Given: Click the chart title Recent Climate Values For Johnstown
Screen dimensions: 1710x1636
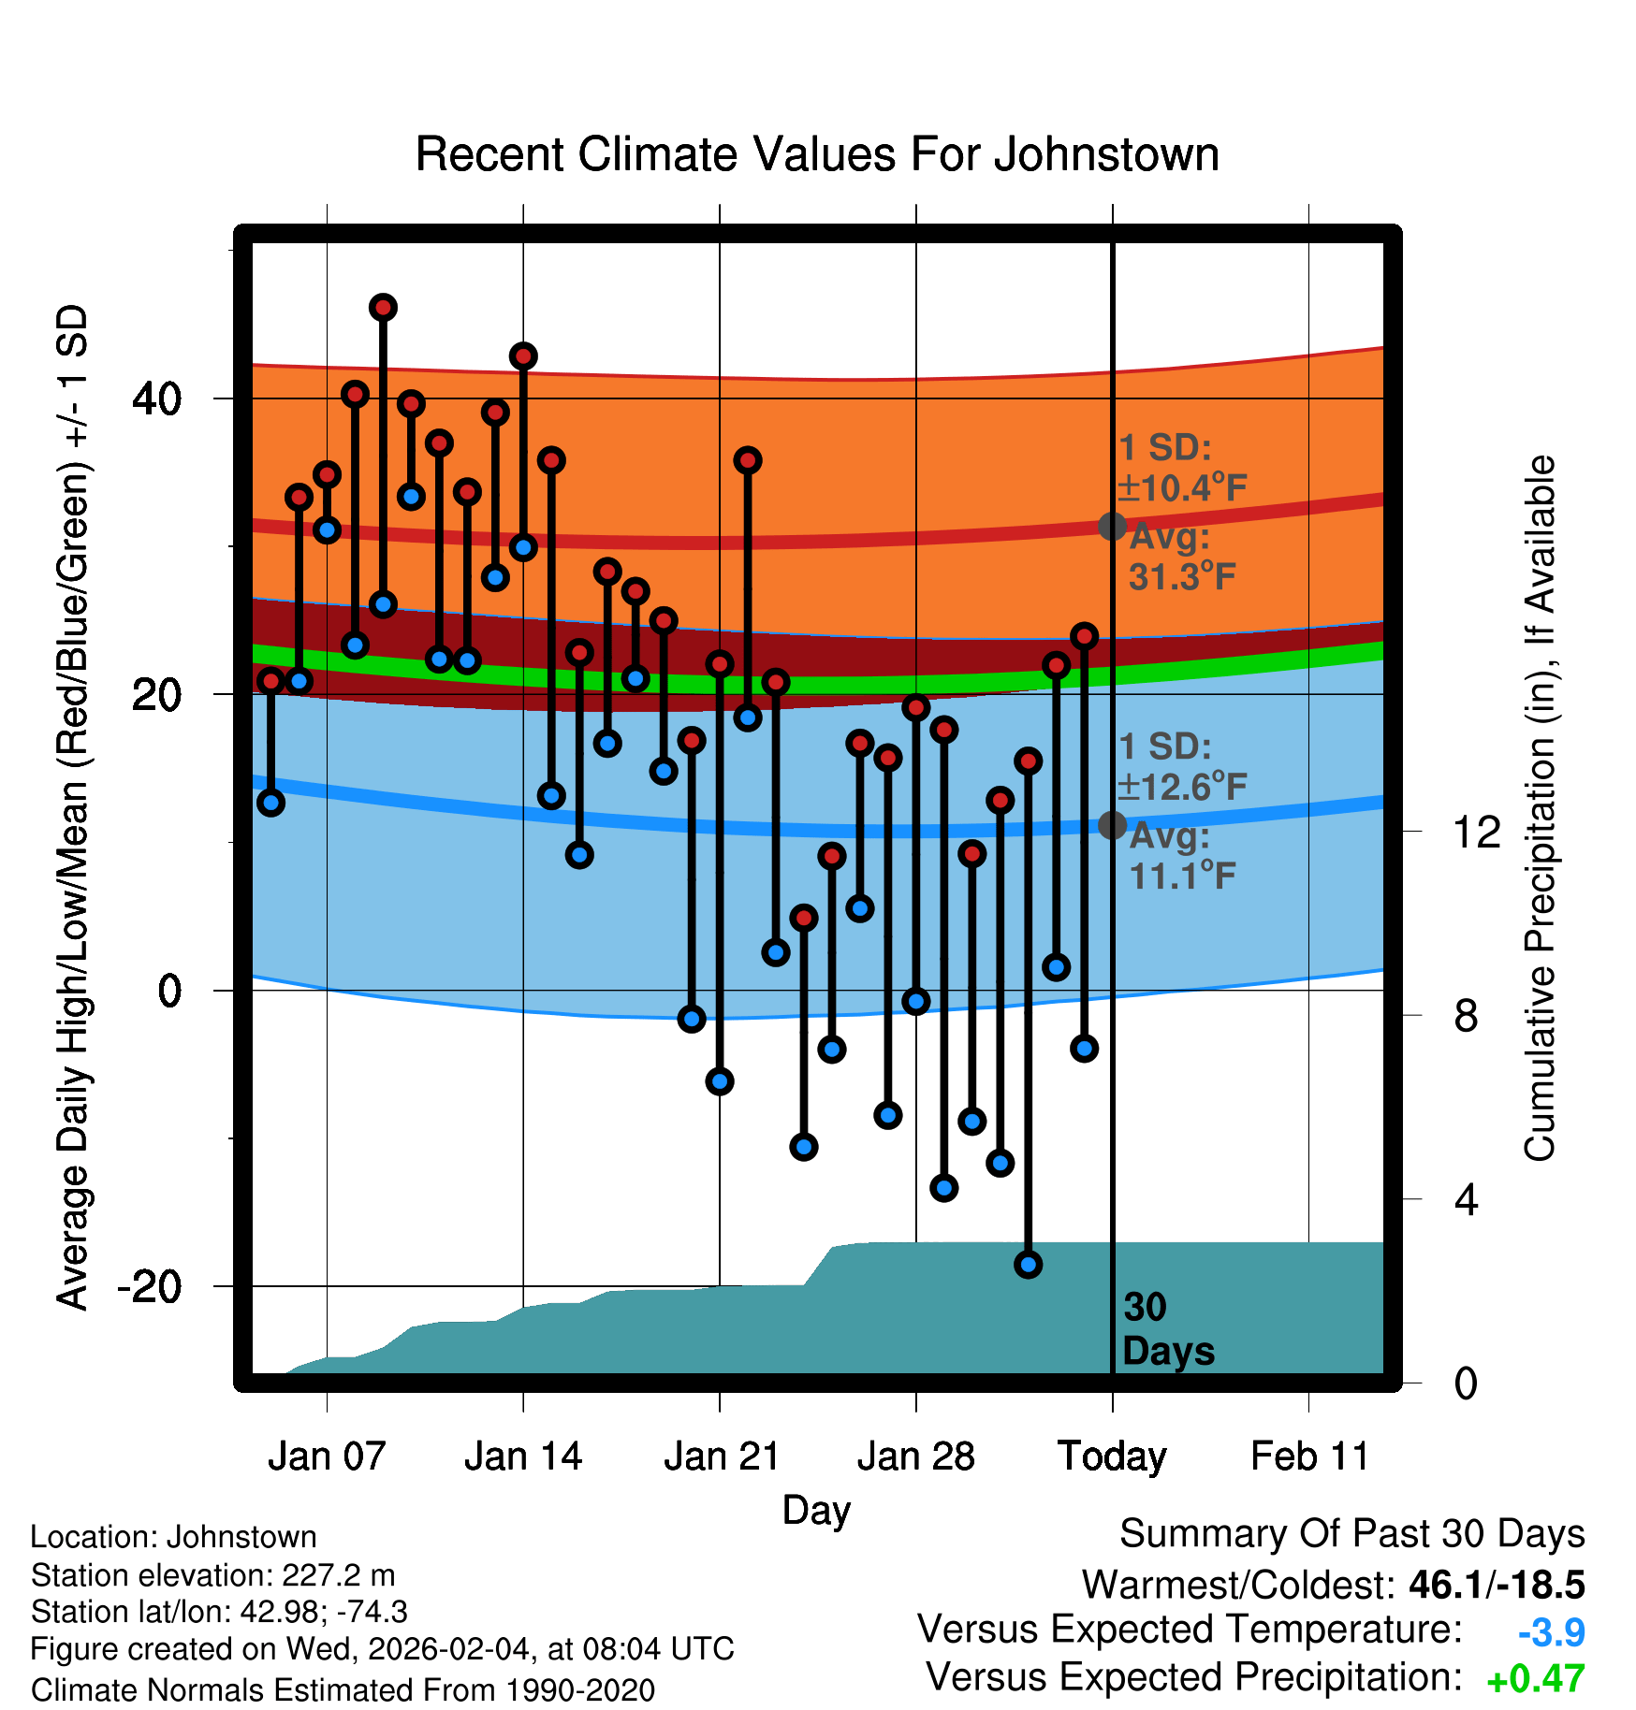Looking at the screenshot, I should coord(817,154).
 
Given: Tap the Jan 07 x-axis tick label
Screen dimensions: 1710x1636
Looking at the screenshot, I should coord(327,1456).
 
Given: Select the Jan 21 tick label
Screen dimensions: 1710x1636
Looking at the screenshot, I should coord(722,1456).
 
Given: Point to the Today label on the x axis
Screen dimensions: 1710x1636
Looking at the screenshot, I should coord(1112,1456).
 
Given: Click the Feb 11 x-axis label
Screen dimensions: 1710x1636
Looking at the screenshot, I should coord(1309,1456).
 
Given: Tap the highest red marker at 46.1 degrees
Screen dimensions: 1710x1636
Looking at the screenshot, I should coord(383,308).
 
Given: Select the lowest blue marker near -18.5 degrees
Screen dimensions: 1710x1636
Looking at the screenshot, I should coord(1029,1265).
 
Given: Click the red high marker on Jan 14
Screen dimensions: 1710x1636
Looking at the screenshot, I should coord(523,356).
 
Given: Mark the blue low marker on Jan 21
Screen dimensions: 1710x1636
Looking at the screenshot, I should coord(720,1081).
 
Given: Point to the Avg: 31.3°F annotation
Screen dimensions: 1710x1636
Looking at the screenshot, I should coord(1181,558).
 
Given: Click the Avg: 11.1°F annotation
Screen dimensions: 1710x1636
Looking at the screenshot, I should coord(1181,857).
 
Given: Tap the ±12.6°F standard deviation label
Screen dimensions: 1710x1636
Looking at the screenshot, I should coord(1183,788).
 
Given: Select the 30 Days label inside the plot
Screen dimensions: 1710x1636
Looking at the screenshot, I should coord(1167,1329).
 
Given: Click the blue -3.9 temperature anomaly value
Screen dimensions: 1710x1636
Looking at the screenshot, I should coord(1551,1632).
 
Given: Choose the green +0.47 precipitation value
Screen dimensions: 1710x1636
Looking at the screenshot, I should coord(1535,1679).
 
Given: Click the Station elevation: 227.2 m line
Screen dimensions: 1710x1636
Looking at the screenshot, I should coord(212,1575).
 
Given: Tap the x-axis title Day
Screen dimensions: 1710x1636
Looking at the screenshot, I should coord(816,1510).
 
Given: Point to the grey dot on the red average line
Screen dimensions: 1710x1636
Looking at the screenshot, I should coord(1112,527).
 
